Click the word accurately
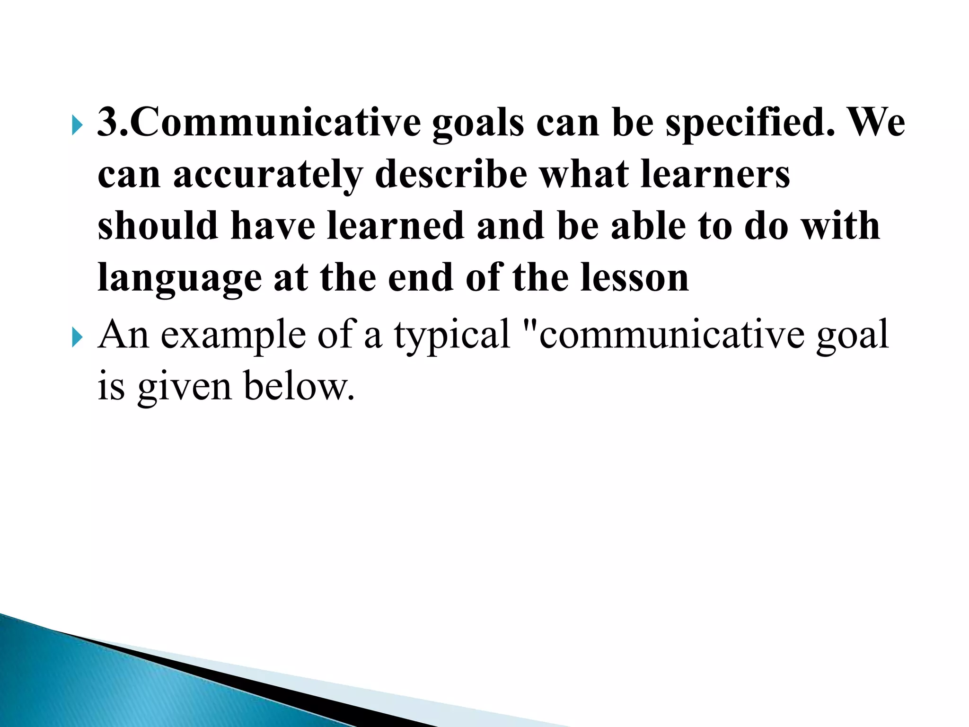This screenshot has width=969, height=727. [x=267, y=174]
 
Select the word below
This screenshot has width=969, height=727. [x=299, y=386]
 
